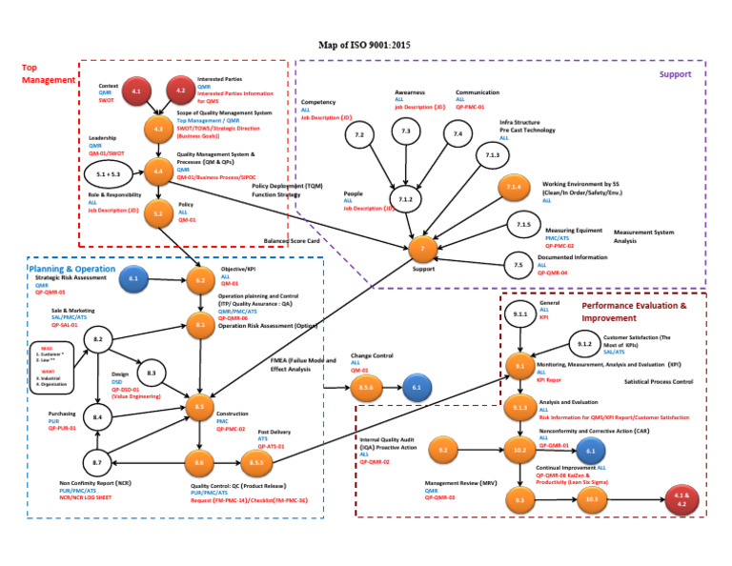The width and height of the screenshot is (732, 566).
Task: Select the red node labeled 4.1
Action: point(136,92)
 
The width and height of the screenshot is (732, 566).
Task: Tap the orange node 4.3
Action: point(158,128)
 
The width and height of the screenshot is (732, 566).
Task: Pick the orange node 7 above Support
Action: point(423,248)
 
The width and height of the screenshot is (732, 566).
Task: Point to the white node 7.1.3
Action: point(492,155)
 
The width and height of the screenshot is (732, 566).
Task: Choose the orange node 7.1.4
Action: point(514,188)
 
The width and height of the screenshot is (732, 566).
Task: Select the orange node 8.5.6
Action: point(365,388)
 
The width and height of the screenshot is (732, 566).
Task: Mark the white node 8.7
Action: point(97,463)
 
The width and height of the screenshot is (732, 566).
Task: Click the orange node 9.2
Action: point(443,448)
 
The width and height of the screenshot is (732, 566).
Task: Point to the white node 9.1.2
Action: point(585,344)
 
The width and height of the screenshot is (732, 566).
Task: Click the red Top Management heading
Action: point(48,73)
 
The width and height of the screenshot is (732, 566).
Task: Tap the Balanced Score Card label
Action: point(290,241)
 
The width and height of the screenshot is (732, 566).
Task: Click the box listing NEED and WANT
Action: point(51,367)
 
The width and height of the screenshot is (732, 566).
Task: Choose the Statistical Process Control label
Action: point(658,381)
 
